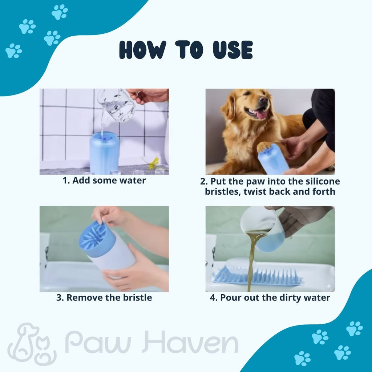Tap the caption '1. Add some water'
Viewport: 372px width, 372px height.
[104, 181]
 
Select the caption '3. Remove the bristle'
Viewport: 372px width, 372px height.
[104, 298]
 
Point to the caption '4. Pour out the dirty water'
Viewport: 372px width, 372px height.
[270, 298]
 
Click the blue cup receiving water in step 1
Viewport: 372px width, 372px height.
[104, 153]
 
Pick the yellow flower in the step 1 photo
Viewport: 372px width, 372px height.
[154, 163]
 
